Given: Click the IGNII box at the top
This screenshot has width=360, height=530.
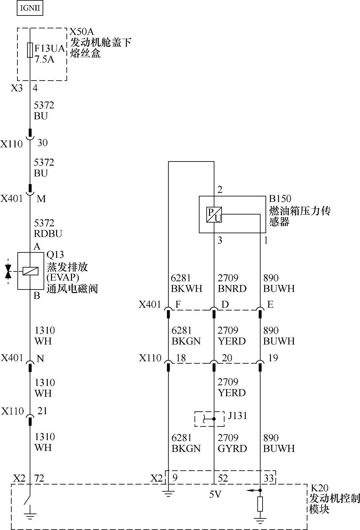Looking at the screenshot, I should [30, 8].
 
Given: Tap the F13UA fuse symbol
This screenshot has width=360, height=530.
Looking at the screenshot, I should [30, 50].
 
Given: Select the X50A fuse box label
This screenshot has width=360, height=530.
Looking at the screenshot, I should [82, 32].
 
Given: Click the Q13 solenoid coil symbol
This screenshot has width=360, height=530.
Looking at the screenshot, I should [30, 271].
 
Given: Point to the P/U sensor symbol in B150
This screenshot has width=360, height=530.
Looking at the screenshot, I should [214, 215].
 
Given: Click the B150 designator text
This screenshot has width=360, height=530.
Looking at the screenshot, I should [280, 199].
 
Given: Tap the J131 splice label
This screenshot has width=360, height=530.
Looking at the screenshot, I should [237, 416].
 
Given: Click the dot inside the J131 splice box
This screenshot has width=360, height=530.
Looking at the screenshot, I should [214, 419].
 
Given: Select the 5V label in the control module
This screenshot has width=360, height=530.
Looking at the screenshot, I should [215, 495].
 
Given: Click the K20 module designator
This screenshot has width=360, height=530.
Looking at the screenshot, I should [319, 488].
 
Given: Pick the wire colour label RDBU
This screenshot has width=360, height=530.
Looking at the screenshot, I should [48, 234].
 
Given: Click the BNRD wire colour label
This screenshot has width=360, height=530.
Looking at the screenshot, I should [232, 289].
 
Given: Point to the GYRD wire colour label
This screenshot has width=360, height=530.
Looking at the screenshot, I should [232, 448].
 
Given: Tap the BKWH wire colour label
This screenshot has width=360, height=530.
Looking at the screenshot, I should [186, 289].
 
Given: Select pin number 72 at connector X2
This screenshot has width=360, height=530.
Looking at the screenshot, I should [39, 478].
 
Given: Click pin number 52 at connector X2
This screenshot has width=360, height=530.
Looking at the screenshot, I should [223, 478].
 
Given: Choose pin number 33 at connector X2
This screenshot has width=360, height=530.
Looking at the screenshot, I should [269, 478].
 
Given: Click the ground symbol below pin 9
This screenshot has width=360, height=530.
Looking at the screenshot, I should [168, 494].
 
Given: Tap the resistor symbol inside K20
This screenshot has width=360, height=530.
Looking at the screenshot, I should [260, 504].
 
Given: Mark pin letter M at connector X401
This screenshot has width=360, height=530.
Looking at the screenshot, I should [41, 199].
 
